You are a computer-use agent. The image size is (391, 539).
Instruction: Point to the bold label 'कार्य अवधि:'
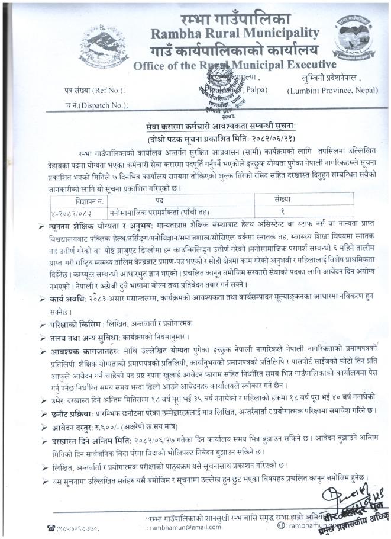click(69, 301)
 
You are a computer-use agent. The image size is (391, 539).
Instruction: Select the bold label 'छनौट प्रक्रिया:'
click(74, 412)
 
